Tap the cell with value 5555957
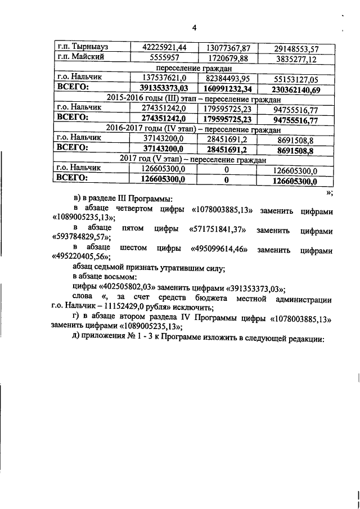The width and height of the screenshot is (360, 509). [x=164, y=58]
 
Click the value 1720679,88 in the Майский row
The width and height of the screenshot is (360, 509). [x=227, y=58]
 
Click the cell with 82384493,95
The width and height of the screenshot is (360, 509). [x=227, y=79]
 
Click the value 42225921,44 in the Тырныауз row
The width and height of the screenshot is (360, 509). [x=164, y=47]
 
